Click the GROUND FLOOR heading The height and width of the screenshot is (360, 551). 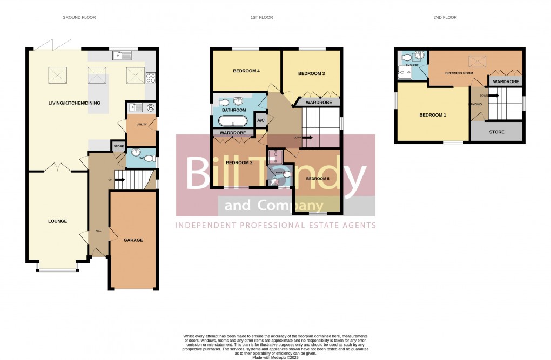pyautogui.click(x=79, y=18)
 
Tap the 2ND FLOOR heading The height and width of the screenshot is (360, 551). pyautogui.click(x=445, y=18)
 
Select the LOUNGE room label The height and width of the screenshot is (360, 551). pyautogui.click(x=57, y=221)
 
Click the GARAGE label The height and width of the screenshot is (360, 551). pyautogui.click(x=133, y=240)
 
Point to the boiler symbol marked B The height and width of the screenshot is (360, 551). pyautogui.click(x=151, y=107)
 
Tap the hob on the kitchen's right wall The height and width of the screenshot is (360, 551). pyautogui.click(x=151, y=78)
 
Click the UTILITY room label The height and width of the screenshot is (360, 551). pyautogui.click(x=142, y=124)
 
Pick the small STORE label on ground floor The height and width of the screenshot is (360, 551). pyautogui.click(x=118, y=146)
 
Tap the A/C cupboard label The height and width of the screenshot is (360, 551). pyautogui.click(x=260, y=120)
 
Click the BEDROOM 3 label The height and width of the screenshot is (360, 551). pyautogui.click(x=311, y=74)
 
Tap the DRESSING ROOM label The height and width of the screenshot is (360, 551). pyautogui.click(x=459, y=73)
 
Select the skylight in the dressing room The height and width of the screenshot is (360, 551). pyautogui.click(x=477, y=61)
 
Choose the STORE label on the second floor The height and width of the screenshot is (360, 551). pyautogui.click(x=496, y=132)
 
